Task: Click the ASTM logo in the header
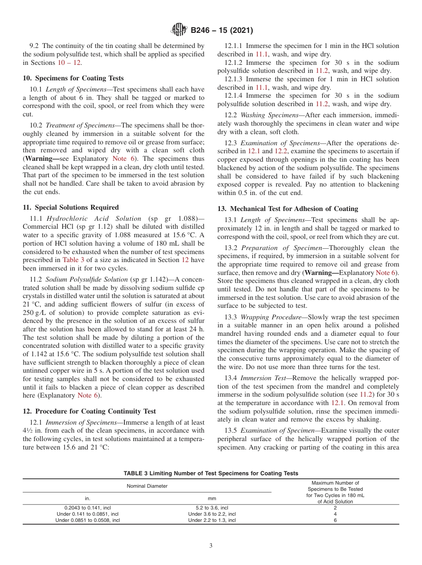(179, 31)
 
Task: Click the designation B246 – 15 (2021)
(222, 31)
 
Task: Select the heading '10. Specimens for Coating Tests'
(73, 78)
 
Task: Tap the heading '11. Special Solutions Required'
(71, 207)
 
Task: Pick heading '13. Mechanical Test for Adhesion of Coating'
(287, 209)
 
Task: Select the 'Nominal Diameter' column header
(147, 486)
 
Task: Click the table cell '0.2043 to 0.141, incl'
(88, 508)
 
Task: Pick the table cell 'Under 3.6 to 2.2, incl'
(212, 514)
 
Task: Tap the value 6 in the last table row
(335, 520)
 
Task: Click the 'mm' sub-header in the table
(212, 499)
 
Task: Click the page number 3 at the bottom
(211, 546)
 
